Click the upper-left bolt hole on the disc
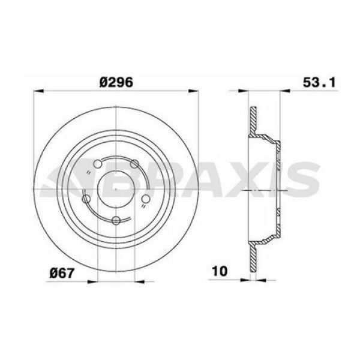(98, 163)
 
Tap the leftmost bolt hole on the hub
(86, 198)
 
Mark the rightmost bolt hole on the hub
(145, 199)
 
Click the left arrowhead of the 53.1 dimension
(244, 92)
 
